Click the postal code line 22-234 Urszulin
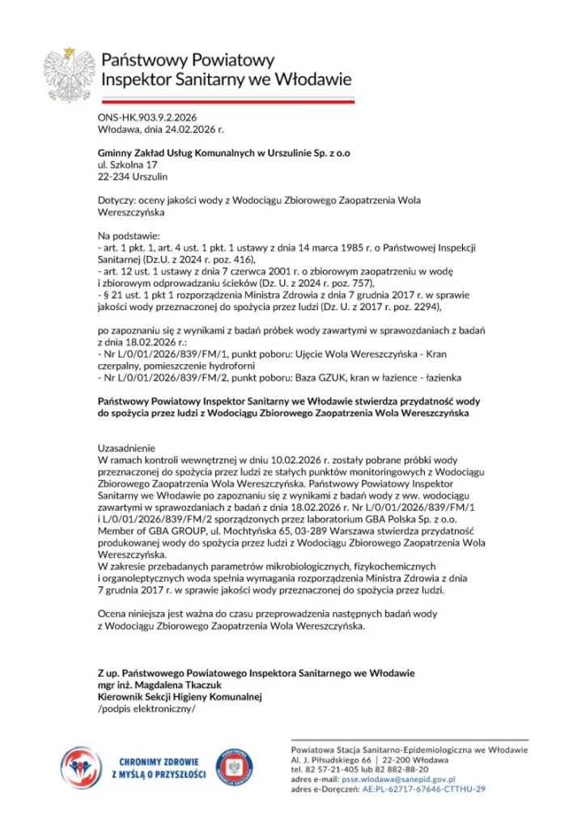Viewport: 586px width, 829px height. [x=133, y=176]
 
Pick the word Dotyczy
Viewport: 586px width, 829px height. [x=117, y=200]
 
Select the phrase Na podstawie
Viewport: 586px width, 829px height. [x=130, y=235]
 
